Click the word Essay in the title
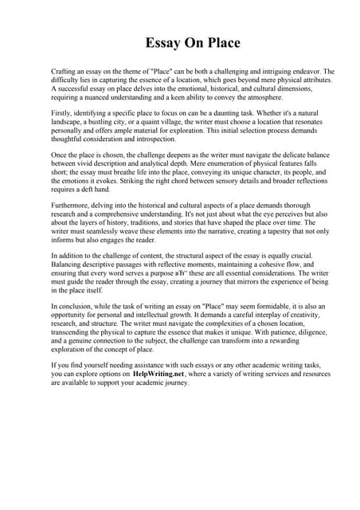tap(162, 42)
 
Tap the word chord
tap(179, 187)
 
